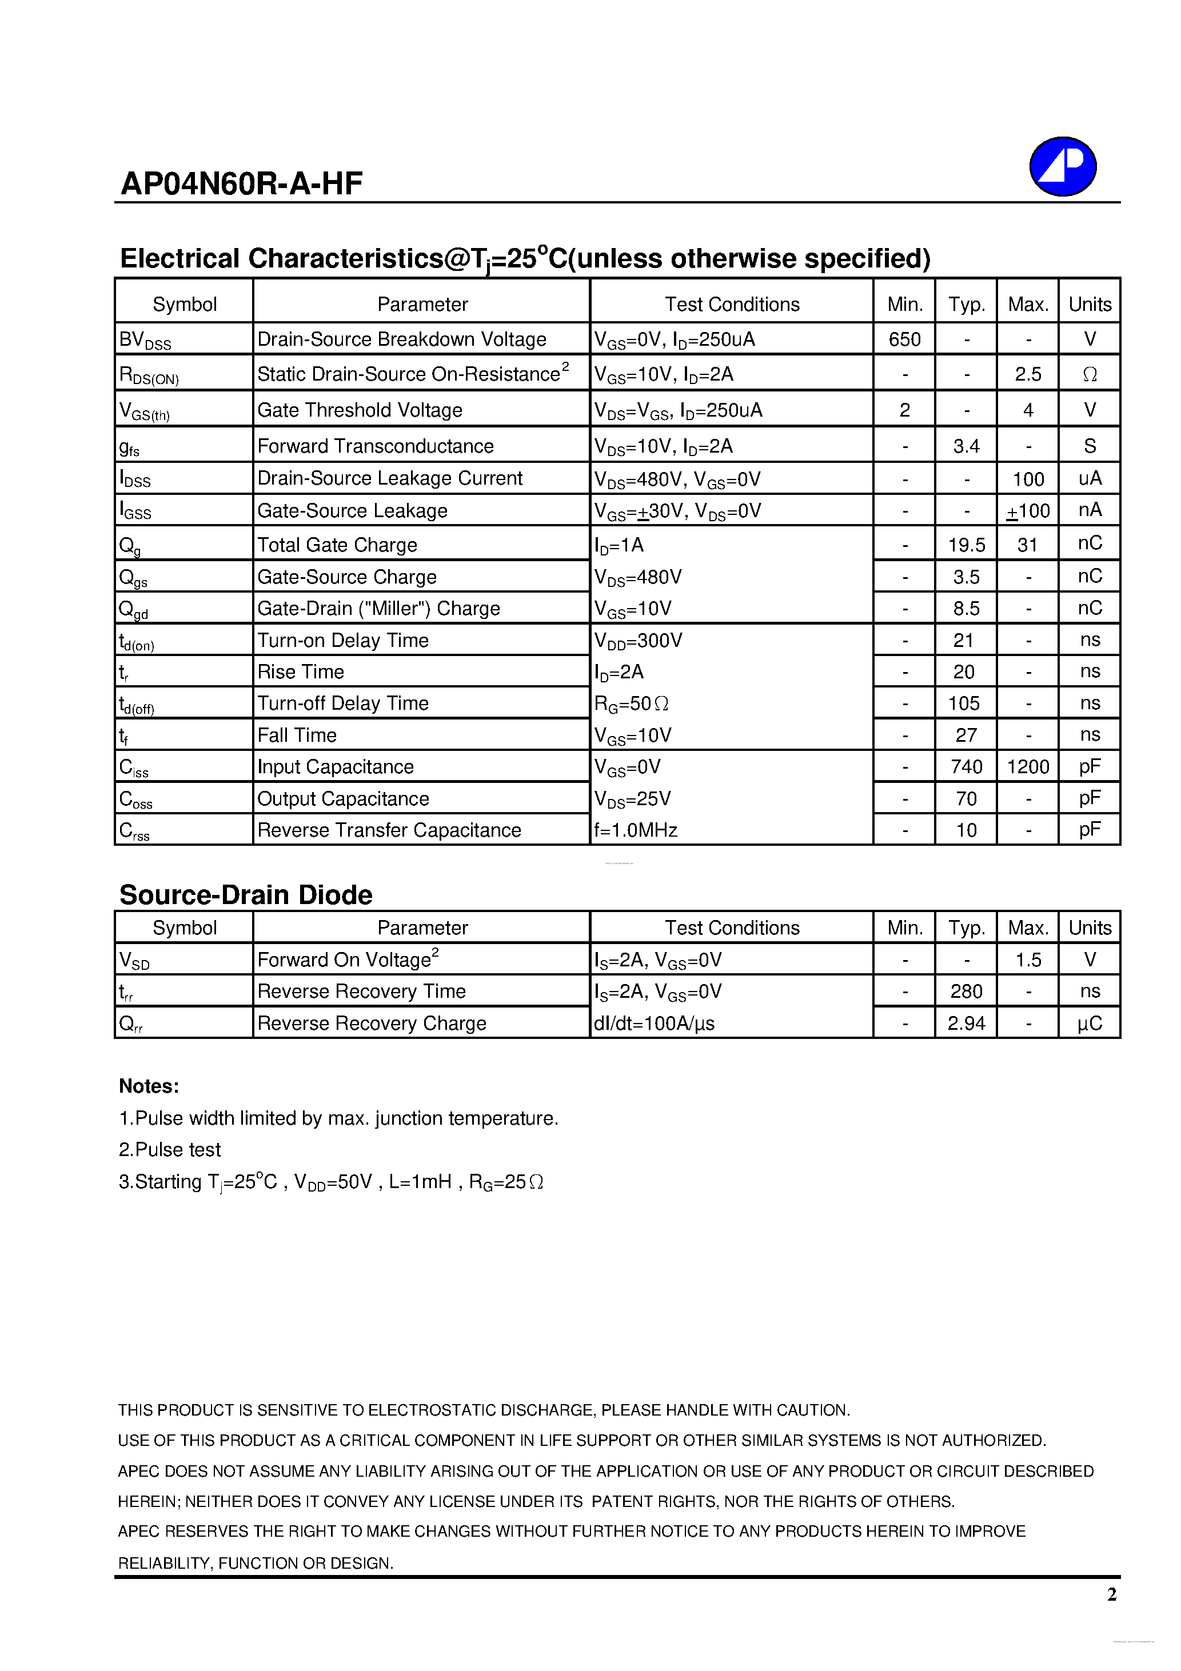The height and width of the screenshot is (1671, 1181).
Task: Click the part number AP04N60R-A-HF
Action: (x=241, y=183)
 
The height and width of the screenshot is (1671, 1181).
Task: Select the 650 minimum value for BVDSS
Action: (x=904, y=339)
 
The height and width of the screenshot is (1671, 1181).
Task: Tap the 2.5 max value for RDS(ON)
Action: (x=1027, y=374)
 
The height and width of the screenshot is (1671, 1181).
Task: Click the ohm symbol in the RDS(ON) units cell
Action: (x=1090, y=374)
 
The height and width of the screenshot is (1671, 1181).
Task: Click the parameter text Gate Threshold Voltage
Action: (x=360, y=410)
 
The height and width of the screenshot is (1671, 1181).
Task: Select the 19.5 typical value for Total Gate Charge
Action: (x=966, y=545)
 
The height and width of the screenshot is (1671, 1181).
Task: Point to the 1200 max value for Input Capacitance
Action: (x=1027, y=767)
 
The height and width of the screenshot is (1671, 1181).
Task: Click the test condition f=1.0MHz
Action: (x=636, y=830)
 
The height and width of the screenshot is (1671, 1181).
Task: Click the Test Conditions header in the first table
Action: (x=732, y=304)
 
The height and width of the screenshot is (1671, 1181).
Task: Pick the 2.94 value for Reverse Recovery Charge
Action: (x=966, y=1024)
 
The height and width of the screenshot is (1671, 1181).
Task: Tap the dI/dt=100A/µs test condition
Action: (x=654, y=1024)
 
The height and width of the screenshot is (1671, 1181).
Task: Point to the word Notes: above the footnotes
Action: (x=149, y=1086)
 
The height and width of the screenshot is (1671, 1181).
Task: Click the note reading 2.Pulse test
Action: (x=170, y=1149)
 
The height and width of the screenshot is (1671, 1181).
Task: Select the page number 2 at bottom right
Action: (x=1111, y=1594)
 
